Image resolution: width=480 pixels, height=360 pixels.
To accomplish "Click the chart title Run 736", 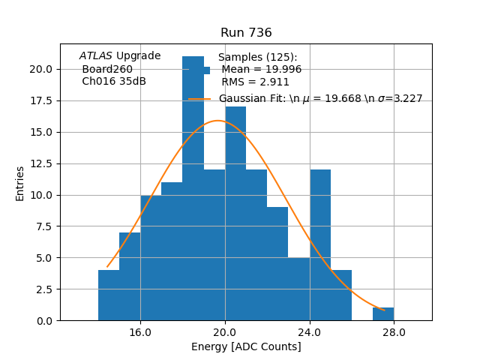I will click(x=246, y=33).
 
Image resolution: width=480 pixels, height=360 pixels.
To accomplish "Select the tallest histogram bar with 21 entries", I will click(x=193, y=187).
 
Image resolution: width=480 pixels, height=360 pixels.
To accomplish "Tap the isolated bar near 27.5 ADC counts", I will click(x=383, y=314).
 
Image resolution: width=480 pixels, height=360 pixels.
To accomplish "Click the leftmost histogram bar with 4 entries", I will click(x=109, y=295).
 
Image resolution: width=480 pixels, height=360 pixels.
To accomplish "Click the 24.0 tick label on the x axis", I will click(x=309, y=332).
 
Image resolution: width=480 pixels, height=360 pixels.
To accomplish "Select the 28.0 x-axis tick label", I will click(x=394, y=332).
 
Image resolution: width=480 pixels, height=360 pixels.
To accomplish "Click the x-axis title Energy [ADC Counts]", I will click(x=246, y=346).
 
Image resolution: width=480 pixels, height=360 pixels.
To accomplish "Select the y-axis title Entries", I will click(x=20, y=183).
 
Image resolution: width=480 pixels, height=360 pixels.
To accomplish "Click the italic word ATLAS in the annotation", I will click(x=96, y=55).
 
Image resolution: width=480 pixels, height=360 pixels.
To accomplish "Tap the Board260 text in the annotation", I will click(x=107, y=69).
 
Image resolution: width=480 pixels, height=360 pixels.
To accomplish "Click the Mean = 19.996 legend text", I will click(x=261, y=69).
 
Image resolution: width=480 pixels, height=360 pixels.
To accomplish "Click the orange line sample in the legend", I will click(x=199, y=99).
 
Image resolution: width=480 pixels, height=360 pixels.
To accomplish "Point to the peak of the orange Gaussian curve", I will click(x=218, y=120).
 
